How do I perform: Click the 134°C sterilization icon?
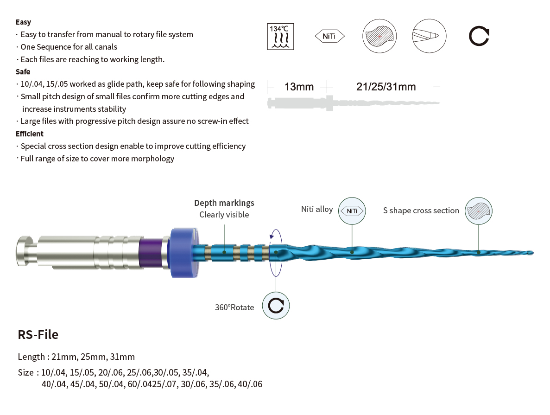tap(280, 37)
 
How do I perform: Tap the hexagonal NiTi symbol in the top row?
tap(330, 36)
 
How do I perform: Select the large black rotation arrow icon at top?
tap(479, 36)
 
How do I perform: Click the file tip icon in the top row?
tap(429, 36)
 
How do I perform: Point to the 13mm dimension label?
tap(299, 87)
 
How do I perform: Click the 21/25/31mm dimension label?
tap(386, 87)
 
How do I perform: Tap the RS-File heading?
tap(38, 335)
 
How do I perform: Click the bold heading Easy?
tap(23, 22)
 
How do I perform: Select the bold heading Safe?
tap(23, 71)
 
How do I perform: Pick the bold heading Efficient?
tap(30, 134)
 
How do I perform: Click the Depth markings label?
tap(224, 203)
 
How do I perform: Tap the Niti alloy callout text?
tap(317, 209)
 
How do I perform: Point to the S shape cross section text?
tap(421, 211)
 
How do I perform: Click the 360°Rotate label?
tap(234, 307)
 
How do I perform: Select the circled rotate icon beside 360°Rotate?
tap(276, 306)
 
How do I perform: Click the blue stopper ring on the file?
tap(183, 252)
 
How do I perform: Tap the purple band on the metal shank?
tap(151, 253)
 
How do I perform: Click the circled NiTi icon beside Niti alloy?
tap(352, 211)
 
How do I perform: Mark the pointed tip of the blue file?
tap(533, 253)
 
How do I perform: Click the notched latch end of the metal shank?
tap(25, 251)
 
